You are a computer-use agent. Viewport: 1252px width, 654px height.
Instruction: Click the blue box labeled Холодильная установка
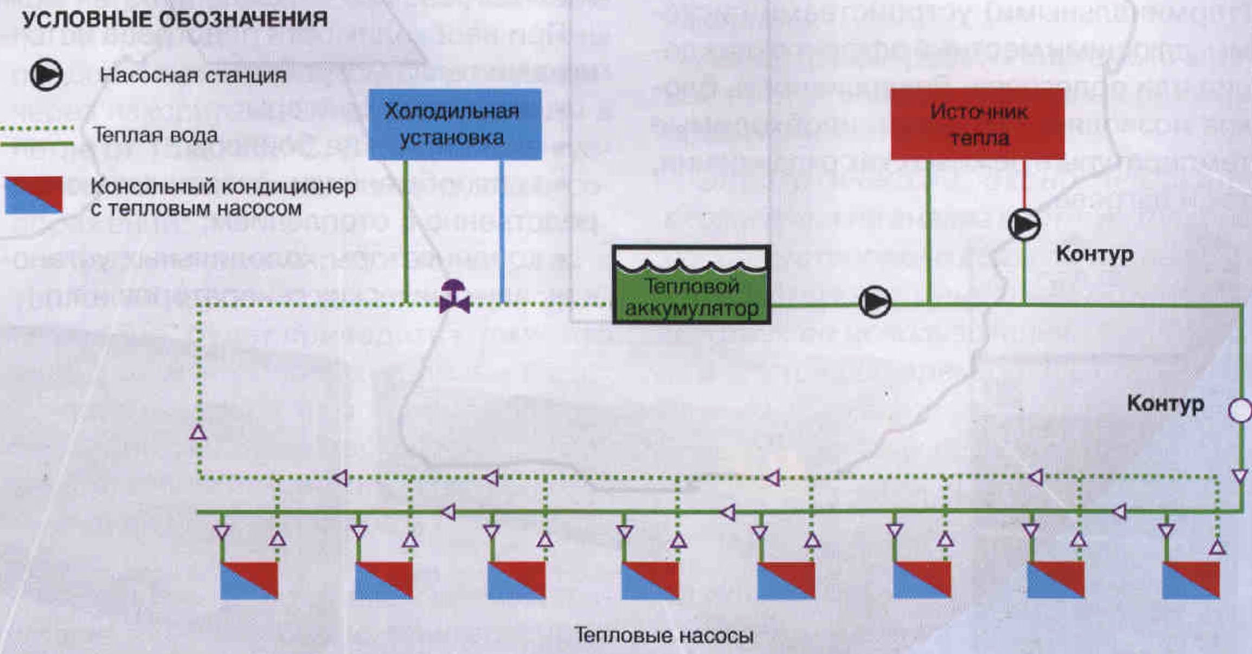pyautogui.click(x=454, y=124)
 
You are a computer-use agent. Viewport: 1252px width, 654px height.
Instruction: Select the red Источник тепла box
pyautogui.click(x=977, y=124)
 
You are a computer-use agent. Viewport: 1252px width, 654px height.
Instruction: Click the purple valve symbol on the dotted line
pyautogui.click(x=454, y=297)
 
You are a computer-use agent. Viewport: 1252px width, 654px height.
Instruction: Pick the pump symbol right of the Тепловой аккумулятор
pyautogui.click(x=875, y=302)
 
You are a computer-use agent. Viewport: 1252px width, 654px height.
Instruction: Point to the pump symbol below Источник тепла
pyautogui.click(x=1024, y=225)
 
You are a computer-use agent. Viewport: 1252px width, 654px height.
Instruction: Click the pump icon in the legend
pyautogui.click(x=46, y=75)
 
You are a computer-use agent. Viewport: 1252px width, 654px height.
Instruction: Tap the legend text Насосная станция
pyautogui.click(x=193, y=75)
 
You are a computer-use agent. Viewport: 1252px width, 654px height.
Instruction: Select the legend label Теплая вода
pyautogui.click(x=155, y=135)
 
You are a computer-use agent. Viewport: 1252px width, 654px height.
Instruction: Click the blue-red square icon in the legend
pyautogui.click(x=34, y=195)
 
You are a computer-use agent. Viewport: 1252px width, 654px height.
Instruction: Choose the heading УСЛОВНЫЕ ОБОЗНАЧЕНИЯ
pyautogui.click(x=175, y=20)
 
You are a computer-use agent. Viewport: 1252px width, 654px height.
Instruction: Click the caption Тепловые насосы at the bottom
pyautogui.click(x=664, y=635)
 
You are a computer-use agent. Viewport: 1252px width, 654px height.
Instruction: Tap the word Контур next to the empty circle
pyautogui.click(x=1165, y=404)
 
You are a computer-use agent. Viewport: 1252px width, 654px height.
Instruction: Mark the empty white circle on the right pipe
pyautogui.click(x=1240, y=410)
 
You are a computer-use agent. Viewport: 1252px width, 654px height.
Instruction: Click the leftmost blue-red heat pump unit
pyautogui.click(x=249, y=580)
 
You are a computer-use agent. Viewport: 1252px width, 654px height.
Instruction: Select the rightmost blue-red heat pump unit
pyautogui.click(x=1191, y=580)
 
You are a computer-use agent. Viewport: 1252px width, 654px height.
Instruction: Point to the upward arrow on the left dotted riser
pyautogui.click(x=198, y=432)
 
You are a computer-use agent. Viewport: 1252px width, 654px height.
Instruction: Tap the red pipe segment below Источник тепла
pyautogui.click(x=1024, y=184)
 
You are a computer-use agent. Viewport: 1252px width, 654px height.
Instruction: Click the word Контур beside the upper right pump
pyautogui.click(x=1094, y=254)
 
